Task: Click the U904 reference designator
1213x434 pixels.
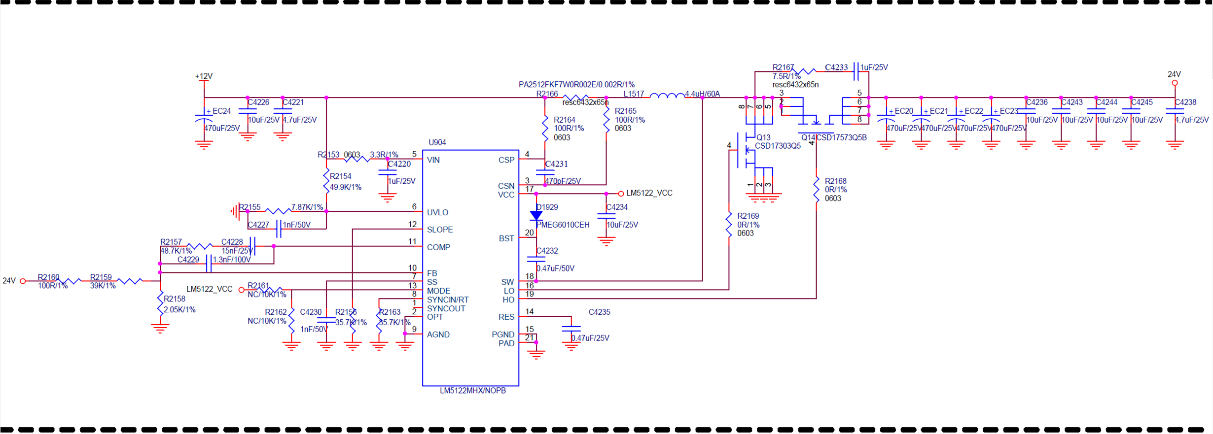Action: click(x=437, y=142)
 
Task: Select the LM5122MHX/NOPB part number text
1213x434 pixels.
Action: click(x=472, y=391)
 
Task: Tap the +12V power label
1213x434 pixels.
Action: click(x=204, y=76)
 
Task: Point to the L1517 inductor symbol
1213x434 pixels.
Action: click(x=667, y=96)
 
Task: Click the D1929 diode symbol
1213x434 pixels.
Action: click(x=536, y=216)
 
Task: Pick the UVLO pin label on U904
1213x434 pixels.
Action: click(x=437, y=213)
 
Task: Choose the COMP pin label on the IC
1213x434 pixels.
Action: click(x=438, y=247)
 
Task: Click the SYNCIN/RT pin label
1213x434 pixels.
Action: click(x=447, y=300)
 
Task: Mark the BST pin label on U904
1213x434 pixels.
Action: click(x=506, y=238)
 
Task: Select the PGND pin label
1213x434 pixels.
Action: click(x=503, y=335)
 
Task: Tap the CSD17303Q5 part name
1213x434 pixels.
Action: click(x=778, y=146)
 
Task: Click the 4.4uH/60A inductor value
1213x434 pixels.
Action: click(x=702, y=94)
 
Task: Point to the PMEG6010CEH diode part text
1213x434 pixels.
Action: click(x=563, y=225)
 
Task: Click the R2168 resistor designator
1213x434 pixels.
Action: click(x=835, y=181)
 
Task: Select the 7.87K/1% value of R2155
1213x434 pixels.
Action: click(x=307, y=207)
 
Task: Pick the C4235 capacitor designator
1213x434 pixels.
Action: click(x=599, y=312)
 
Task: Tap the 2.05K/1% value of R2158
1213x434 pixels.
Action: click(x=179, y=310)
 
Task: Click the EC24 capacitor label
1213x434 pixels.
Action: click(x=221, y=111)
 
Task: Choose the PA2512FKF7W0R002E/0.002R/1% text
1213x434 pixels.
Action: click(x=576, y=85)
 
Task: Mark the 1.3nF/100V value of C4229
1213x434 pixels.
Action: click(x=232, y=260)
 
